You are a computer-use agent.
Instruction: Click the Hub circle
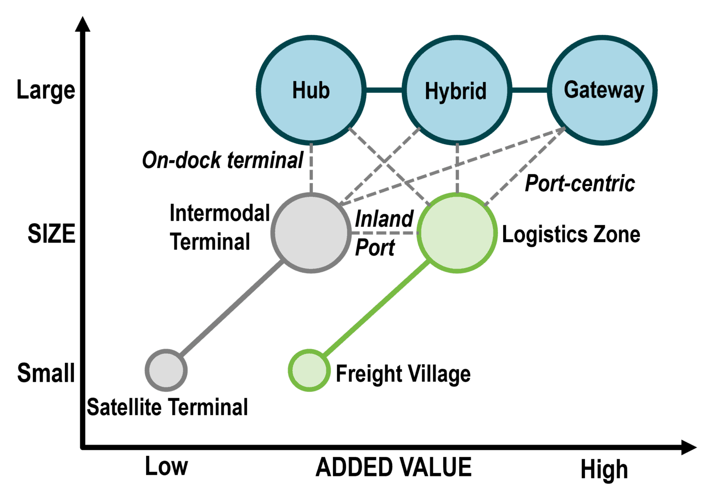[311, 90]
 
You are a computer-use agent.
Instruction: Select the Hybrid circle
[457, 90]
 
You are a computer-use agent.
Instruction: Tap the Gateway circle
[603, 90]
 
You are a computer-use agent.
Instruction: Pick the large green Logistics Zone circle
[457, 232]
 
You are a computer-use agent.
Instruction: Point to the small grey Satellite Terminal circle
[166, 370]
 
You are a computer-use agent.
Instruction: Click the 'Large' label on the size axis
[45, 90]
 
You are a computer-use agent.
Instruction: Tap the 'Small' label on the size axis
[45, 373]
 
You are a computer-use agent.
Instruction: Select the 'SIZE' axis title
[51, 233]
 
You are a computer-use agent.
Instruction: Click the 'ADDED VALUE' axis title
[393, 468]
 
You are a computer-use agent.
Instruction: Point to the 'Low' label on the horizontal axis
[166, 467]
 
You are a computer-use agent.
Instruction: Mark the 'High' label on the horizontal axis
[604, 469]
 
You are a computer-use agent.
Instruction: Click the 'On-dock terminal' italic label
[223, 160]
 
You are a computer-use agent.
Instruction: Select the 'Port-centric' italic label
[580, 184]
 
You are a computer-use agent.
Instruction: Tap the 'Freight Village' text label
[403, 374]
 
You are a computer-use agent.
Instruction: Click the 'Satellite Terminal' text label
[167, 407]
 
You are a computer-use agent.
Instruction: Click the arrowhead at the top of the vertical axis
[83, 24]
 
